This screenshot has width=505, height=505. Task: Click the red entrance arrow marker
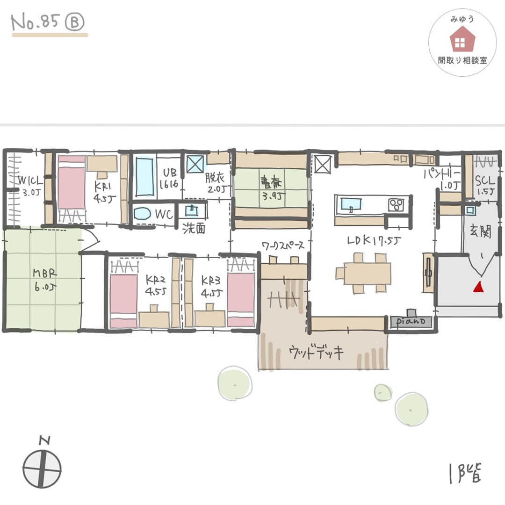477,286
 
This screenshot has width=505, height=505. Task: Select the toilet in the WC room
143,214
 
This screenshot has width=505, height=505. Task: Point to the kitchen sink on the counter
350,204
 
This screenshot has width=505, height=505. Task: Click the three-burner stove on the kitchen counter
397,204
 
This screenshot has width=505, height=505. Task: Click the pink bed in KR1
71,183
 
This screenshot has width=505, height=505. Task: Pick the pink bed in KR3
240,294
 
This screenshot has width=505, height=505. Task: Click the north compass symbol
42,467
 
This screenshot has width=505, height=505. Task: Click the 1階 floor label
465,472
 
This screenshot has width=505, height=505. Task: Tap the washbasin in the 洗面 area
192,210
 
